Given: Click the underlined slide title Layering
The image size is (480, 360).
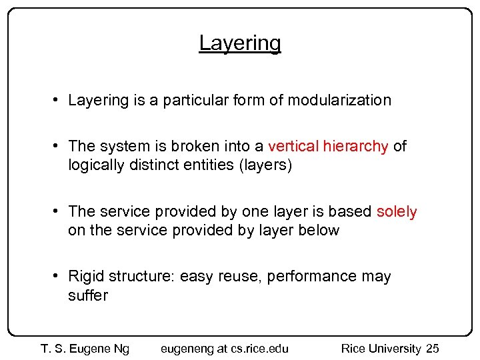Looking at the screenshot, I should coord(240,43).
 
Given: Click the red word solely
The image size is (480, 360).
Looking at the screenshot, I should coord(397,212).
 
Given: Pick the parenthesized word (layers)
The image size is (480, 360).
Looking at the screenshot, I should coord(265,165).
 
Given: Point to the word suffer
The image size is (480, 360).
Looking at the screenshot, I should coord(88,295).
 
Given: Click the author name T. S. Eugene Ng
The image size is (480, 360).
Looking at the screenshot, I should coord(85,349).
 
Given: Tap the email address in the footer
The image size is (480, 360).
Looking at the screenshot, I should coord(225,349).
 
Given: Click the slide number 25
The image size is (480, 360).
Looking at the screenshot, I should coord(432,349).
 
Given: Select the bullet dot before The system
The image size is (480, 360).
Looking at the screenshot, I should coord(59,146).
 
